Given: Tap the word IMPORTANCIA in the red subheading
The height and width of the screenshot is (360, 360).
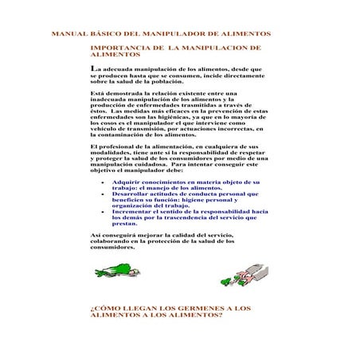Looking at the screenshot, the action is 120,48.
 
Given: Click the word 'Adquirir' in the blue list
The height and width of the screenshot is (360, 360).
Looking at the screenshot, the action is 127,182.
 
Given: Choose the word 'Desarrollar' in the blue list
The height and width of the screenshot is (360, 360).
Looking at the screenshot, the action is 132,194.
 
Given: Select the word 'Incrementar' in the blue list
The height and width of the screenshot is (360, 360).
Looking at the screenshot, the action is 133,212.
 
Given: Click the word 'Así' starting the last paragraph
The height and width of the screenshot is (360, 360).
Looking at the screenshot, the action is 96,236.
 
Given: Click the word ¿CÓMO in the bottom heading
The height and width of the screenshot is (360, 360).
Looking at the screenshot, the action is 105,307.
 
